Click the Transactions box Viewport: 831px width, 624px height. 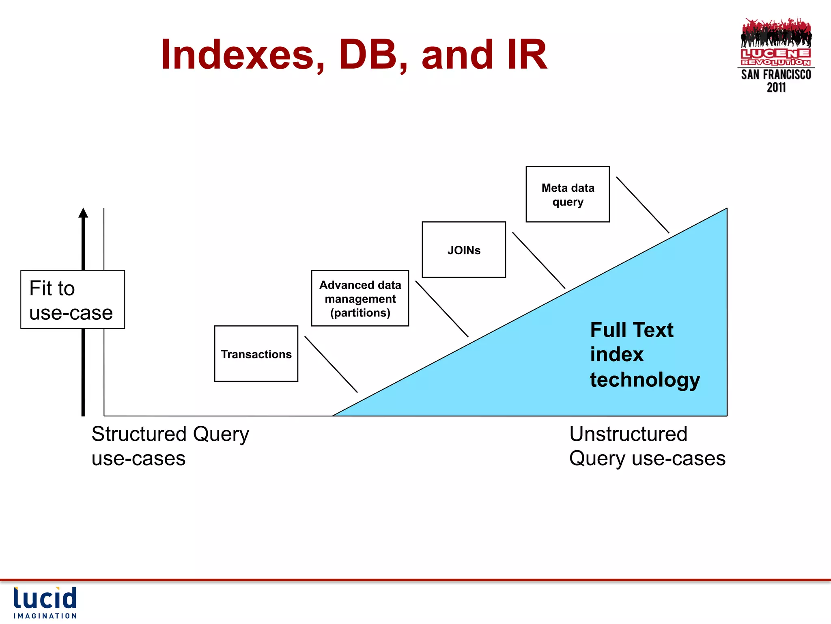coord(256,353)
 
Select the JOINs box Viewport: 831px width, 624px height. coord(464,249)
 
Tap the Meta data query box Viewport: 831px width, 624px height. coord(568,194)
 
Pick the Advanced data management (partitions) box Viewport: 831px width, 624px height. coord(360,298)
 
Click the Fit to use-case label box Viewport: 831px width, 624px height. coord(73,299)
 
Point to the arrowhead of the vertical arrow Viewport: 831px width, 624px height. coord(83,213)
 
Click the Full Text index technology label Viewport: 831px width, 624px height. coord(644,354)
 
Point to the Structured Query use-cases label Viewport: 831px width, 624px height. coord(170,446)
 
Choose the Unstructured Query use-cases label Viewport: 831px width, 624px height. coord(647,446)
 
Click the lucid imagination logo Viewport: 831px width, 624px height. coord(45,602)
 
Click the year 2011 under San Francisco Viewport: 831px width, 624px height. coord(776,87)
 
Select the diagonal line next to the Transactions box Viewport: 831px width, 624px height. coord(331,364)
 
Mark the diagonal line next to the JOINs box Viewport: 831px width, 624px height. coord(539,260)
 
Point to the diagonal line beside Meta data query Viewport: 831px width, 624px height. coord(643,205)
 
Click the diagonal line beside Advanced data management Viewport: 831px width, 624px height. coord(442,309)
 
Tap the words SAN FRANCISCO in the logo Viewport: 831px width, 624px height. coord(776,75)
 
